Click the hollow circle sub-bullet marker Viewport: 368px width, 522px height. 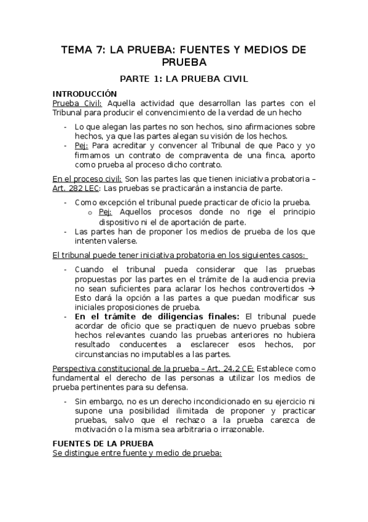pyautogui.click(x=90, y=212)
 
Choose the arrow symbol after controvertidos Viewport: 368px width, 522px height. pyautogui.click(x=311, y=289)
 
